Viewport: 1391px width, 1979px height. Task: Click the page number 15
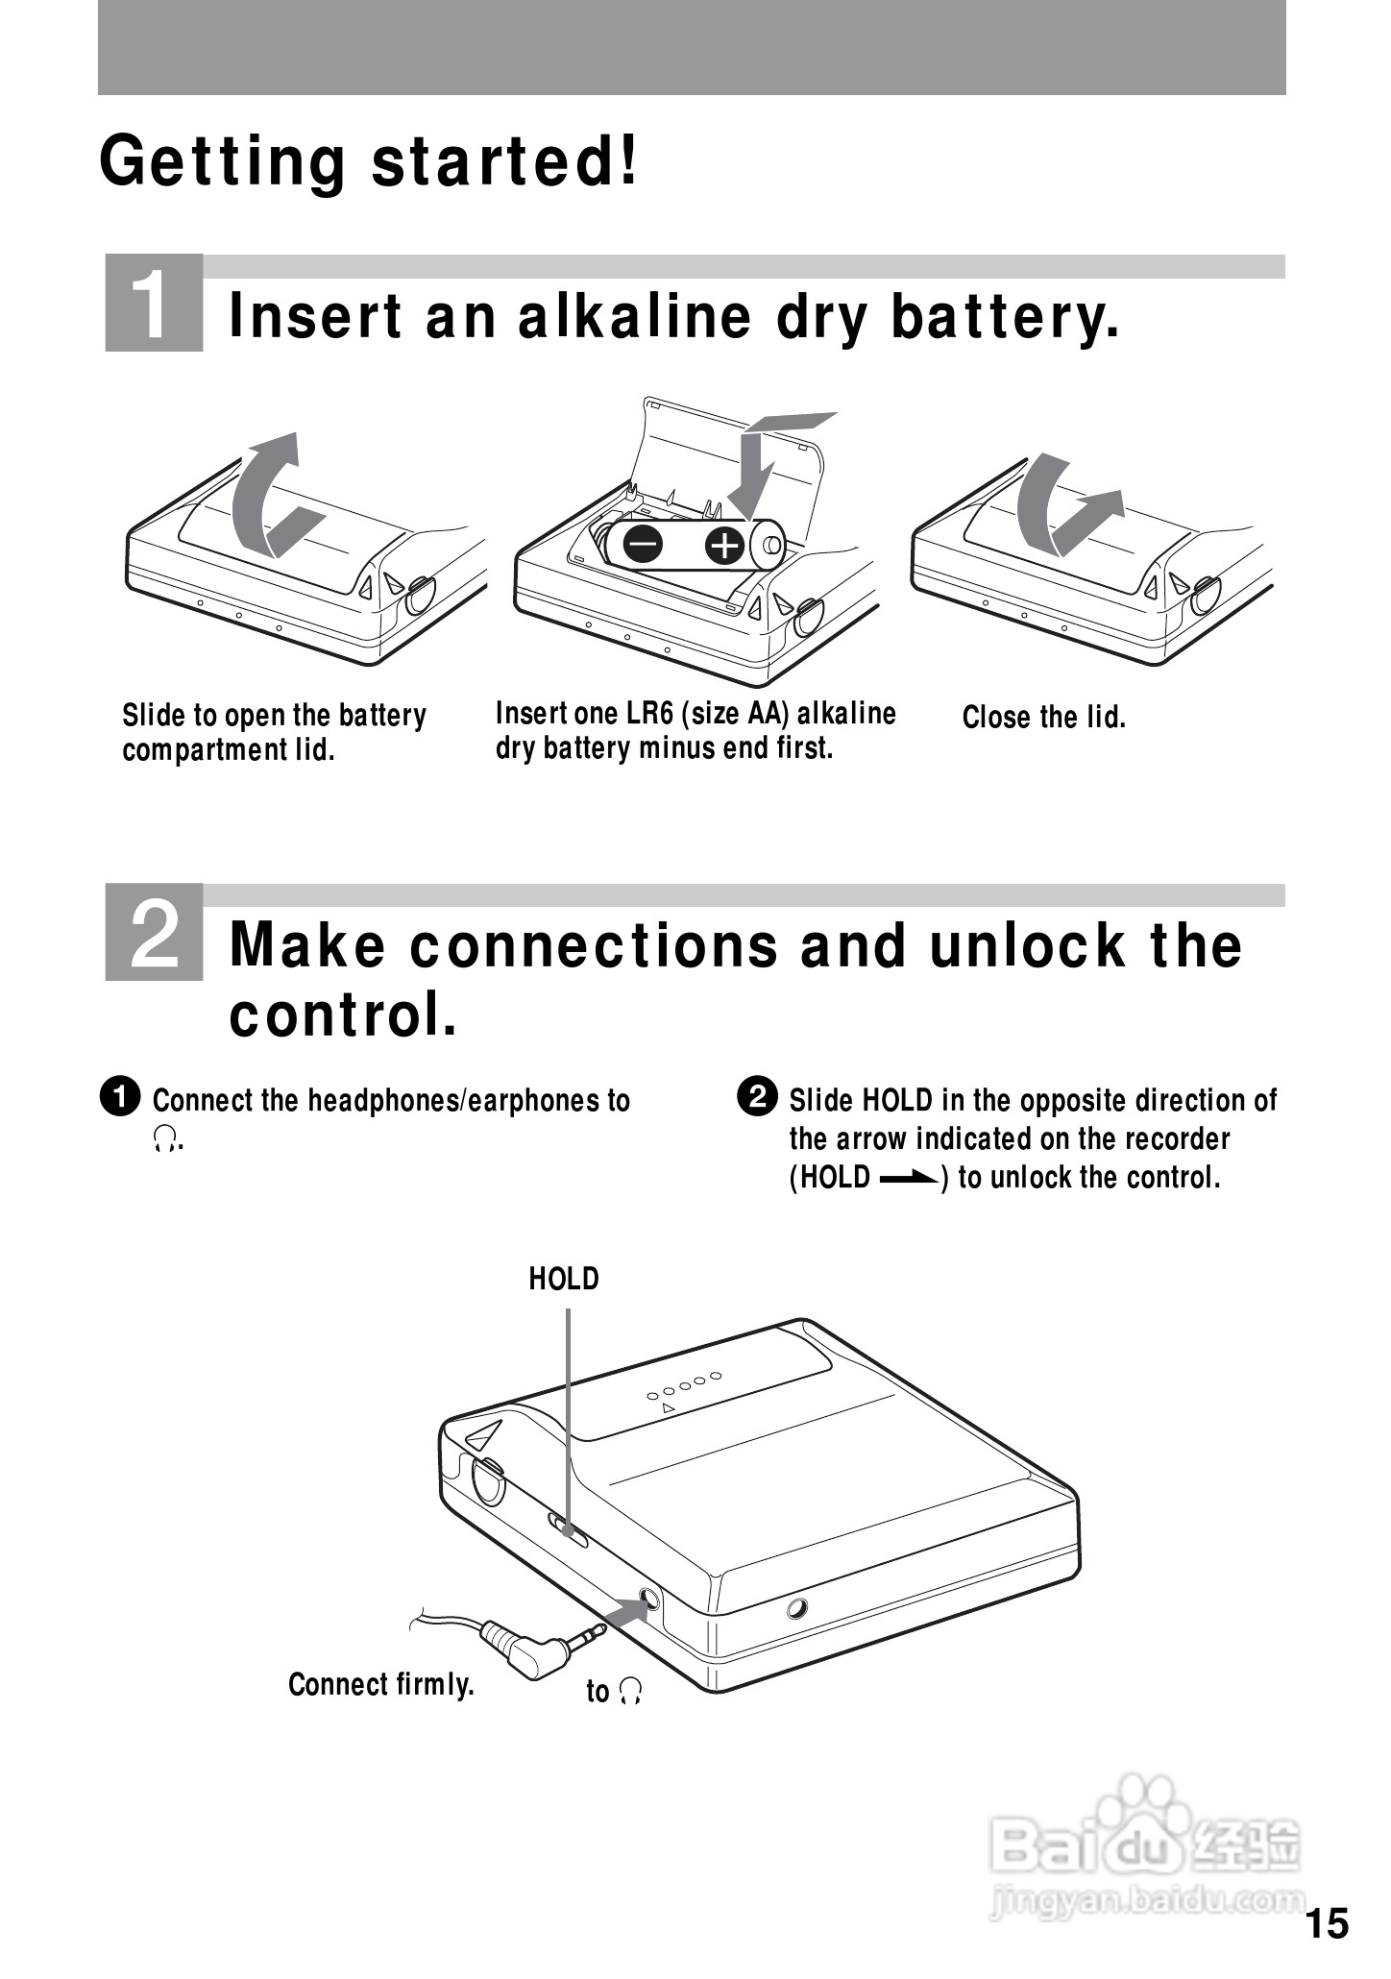coord(1328,1924)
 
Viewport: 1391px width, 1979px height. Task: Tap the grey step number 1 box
coord(154,302)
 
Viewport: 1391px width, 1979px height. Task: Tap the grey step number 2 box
coord(154,931)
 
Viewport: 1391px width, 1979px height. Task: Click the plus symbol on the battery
coord(724,546)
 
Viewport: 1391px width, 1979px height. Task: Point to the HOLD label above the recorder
coord(564,1279)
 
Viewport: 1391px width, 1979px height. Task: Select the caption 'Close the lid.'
coord(1044,718)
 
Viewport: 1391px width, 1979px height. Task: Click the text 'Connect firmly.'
coord(381,1684)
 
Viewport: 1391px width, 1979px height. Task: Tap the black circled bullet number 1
coord(120,1097)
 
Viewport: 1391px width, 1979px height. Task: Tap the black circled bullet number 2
coord(757,1097)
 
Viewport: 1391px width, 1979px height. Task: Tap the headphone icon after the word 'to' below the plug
coord(629,1693)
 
